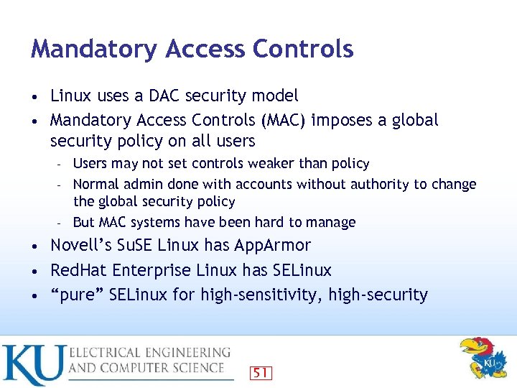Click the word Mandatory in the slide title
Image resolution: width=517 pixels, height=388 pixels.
pos(94,50)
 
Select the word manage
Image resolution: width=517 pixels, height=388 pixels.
pos(332,223)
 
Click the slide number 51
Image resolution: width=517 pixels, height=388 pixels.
pos(260,373)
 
